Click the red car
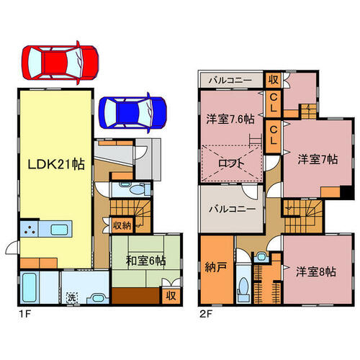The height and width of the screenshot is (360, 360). pos(60,63)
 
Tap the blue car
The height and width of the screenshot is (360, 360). pos(133,113)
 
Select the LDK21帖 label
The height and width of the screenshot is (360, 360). pos(56,164)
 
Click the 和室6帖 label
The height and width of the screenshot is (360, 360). pos(146,261)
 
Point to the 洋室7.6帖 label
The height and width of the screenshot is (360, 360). pos(230,119)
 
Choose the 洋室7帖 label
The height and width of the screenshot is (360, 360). pos(318,159)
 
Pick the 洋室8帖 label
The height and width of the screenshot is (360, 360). pos(316,271)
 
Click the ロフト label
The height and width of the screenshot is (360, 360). pos(231,163)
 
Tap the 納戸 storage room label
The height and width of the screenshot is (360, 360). pos(216,267)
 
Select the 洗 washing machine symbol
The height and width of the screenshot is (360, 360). pos(72,297)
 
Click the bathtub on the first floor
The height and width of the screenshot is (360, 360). pos(30,288)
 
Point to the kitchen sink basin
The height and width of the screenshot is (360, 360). pos(59,230)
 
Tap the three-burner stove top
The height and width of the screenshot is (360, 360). pos(30,229)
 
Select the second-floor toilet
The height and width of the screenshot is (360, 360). pos(243,288)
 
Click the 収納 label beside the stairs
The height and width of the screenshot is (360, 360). pos(122,225)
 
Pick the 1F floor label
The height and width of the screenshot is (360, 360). pos(25,314)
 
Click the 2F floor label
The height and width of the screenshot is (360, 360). pos(206,314)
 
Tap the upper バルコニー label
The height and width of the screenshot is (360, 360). pos(230,80)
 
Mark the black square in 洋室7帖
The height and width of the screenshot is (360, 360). pos(346,192)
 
